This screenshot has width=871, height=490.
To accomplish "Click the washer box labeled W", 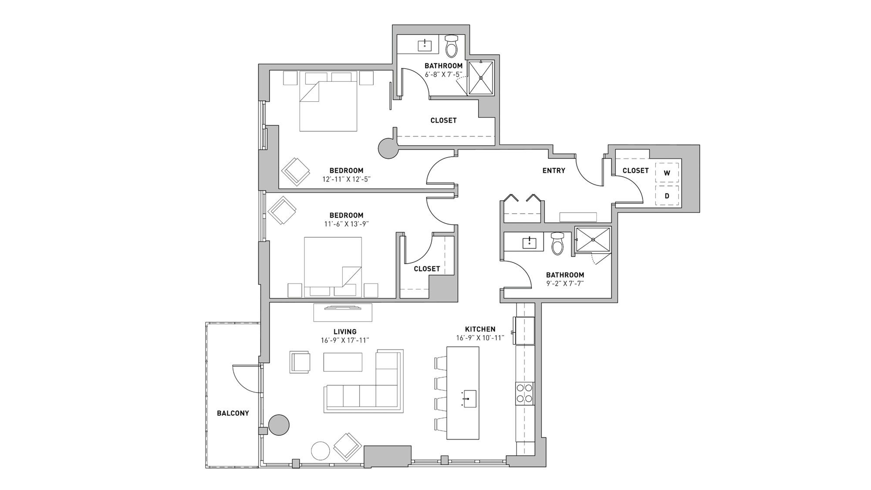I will pyautogui.click(x=667, y=173).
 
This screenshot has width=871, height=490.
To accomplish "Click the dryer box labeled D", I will pyautogui.click(x=667, y=196).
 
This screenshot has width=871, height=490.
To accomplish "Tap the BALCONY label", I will pyautogui.click(x=233, y=413).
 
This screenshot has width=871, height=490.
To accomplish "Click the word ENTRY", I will pyautogui.click(x=554, y=171).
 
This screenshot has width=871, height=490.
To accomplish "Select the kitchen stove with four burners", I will pyautogui.click(x=524, y=393).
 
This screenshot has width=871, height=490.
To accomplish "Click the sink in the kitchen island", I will pyautogui.click(x=469, y=398).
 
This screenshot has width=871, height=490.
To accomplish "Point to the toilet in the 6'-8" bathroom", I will pyautogui.click(x=452, y=46).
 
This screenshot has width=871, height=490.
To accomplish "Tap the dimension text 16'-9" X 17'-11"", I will pyautogui.click(x=345, y=341).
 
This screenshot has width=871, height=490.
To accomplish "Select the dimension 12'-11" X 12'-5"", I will pyautogui.click(x=346, y=179).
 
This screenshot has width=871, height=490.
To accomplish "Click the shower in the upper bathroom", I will pyautogui.click(x=481, y=78).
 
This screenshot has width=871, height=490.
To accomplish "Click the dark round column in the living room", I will pyautogui.click(x=279, y=425).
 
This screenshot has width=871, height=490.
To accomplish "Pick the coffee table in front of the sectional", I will pyautogui.click(x=343, y=362).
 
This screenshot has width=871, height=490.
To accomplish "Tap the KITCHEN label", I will pyautogui.click(x=480, y=329).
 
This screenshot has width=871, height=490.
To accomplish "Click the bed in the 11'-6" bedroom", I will pyautogui.click(x=333, y=265).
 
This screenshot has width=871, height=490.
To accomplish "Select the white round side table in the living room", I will pyautogui.click(x=321, y=451).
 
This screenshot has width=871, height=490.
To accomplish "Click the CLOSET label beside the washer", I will pyautogui.click(x=635, y=171).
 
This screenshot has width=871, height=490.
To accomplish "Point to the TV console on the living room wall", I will pyautogui.click(x=343, y=312).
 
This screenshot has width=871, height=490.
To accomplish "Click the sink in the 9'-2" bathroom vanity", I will pyautogui.click(x=530, y=242).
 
